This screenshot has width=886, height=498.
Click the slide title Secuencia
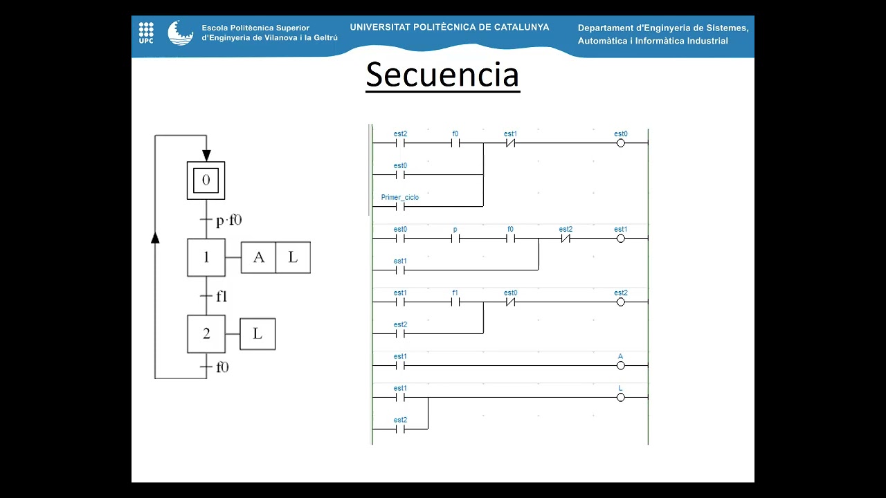(x=442, y=75)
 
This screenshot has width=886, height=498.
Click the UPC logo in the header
(x=146, y=32)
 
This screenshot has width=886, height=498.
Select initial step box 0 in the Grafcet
(x=206, y=181)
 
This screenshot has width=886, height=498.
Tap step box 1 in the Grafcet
(x=206, y=257)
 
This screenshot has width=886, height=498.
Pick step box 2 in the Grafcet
(x=206, y=333)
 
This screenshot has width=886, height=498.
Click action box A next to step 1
(x=258, y=257)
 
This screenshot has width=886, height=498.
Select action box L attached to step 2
(x=257, y=333)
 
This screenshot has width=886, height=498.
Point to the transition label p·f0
(x=228, y=221)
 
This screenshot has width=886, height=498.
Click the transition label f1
(x=221, y=296)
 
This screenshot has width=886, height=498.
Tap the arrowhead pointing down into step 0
(x=206, y=155)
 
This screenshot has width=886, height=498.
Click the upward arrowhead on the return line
(x=155, y=237)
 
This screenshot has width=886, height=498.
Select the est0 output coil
(x=621, y=143)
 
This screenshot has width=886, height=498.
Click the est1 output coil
(x=621, y=239)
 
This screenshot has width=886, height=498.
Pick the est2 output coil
(x=621, y=302)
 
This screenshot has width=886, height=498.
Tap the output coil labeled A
(x=621, y=365)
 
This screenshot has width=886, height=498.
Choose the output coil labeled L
(x=621, y=397)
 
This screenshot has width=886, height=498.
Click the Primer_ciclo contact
(x=399, y=206)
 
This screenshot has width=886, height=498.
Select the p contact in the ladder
(x=455, y=239)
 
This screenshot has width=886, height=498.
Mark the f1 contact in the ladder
(x=455, y=302)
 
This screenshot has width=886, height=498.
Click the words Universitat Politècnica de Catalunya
(x=449, y=28)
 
